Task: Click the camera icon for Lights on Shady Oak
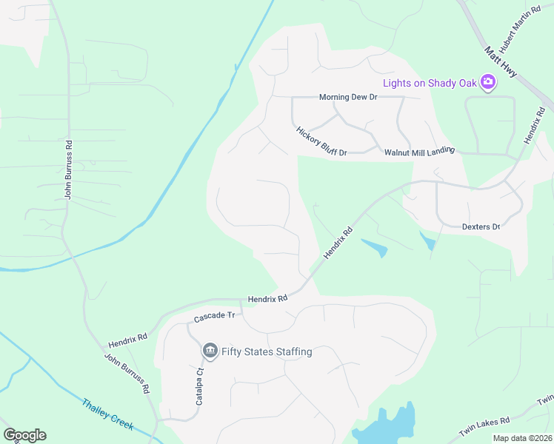(488, 82)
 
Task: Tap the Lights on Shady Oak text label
(430, 83)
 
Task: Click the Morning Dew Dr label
(348, 97)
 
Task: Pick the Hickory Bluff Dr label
(321, 141)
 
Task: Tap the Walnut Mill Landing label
(418, 152)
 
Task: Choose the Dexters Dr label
(481, 226)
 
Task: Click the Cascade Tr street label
(214, 316)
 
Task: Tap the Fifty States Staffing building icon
(210, 351)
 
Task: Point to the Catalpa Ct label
(199, 387)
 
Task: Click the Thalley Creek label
(107, 414)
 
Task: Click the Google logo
(24, 435)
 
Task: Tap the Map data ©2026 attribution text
(521, 438)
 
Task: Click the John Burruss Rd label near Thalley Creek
(127, 373)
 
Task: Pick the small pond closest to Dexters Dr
(427, 241)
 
